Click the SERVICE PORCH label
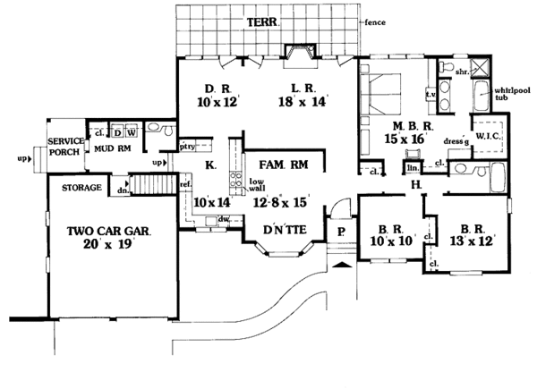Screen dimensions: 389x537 pos(65,147)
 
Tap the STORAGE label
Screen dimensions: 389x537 pos(80,189)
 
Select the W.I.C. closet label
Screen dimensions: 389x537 pos(489,135)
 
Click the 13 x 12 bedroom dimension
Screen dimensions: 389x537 pos(471,241)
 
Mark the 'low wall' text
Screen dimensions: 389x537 pos(248,184)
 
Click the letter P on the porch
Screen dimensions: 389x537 pos(340,231)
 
